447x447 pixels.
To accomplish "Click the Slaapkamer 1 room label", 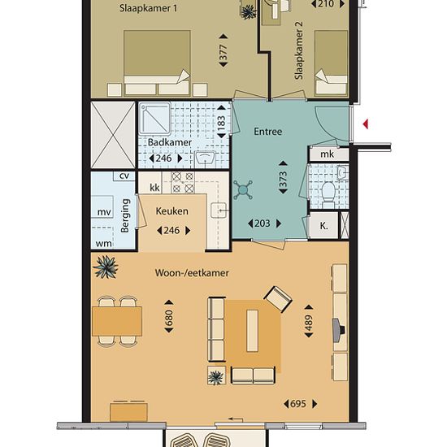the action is [x=148, y=8].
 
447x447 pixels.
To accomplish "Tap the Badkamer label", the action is [x=170, y=142].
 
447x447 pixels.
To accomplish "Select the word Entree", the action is [x=268, y=132].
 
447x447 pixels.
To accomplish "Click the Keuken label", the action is [x=172, y=211].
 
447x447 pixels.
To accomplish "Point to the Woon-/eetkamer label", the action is [x=192, y=273].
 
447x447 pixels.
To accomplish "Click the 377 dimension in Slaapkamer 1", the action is [x=223, y=50].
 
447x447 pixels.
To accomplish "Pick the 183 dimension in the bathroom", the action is [x=222, y=122].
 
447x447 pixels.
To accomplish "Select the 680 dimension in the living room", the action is [x=169, y=316].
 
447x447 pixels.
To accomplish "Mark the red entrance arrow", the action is [x=366, y=124].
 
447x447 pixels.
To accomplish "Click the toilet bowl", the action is [x=328, y=190].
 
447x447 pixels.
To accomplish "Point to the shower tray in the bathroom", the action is [x=154, y=119].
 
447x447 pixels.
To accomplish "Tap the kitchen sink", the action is [x=219, y=210].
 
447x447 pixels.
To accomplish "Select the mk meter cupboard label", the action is [x=327, y=154].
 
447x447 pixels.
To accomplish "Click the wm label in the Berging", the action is [x=103, y=244].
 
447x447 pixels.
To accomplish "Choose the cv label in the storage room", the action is [x=124, y=176].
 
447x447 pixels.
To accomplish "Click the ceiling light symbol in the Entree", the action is [x=243, y=189].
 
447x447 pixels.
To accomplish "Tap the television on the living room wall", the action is [x=339, y=330].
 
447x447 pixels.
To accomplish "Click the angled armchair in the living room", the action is [x=278, y=299].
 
